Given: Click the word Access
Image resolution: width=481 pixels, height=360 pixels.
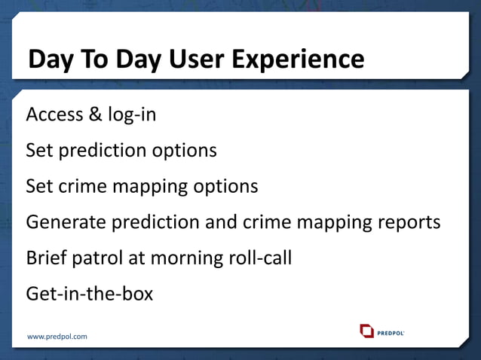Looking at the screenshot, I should click(54, 114).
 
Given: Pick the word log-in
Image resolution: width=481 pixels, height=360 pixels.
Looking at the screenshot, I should click(130, 115).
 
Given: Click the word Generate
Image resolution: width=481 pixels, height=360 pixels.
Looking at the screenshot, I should click(66, 222).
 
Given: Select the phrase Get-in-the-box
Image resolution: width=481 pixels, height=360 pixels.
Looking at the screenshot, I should click(89, 293).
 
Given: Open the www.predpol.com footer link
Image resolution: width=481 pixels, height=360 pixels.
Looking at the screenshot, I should click(57, 337).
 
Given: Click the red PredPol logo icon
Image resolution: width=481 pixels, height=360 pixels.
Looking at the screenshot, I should click(366, 331).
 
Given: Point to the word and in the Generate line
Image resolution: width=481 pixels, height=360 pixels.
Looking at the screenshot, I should click(224, 222).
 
